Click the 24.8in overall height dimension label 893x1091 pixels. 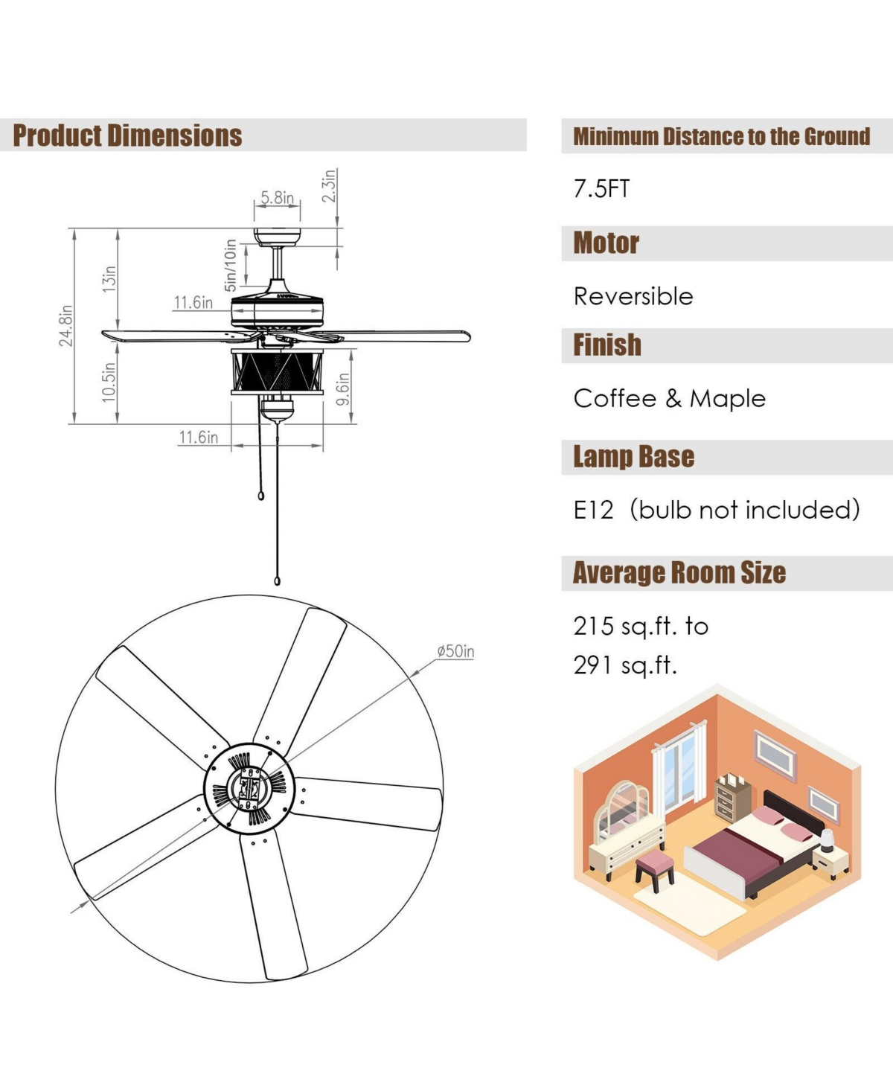pyautogui.click(x=66, y=325)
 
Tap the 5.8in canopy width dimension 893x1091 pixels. pyautogui.click(x=277, y=198)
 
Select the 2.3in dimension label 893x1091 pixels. pyautogui.click(x=329, y=185)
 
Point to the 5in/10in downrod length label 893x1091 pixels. pyautogui.click(x=230, y=265)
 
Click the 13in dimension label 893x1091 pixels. pyautogui.click(x=109, y=279)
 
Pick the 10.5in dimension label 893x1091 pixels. pyautogui.click(x=109, y=382)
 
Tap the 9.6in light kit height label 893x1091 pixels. pyautogui.click(x=343, y=389)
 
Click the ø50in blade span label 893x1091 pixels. pyautogui.click(x=455, y=651)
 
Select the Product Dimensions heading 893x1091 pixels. pyautogui.click(x=127, y=135)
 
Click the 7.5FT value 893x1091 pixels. pyautogui.click(x=602, y=189)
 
